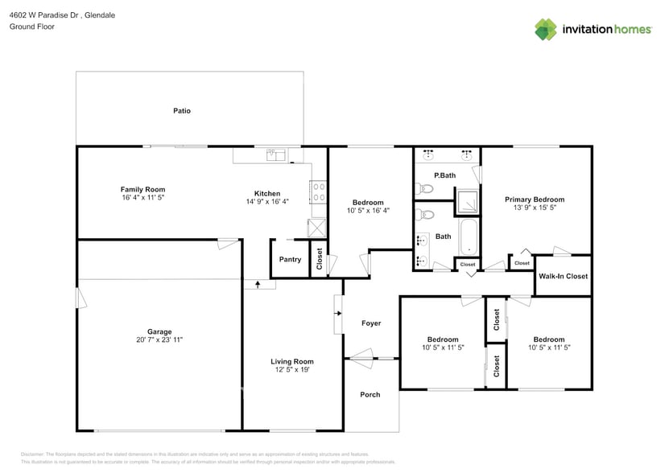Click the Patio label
click(182, 111)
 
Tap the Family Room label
click(142, 190)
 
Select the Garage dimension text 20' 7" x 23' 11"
click(159, 340)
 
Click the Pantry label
click(290, 260)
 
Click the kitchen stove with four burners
click(319, 191)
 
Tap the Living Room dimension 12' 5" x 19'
click(291, 370)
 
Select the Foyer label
click(371, 323)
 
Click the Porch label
click(370, 395)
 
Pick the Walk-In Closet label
click(564, 277)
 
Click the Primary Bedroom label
click(535, 199)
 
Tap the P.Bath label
click(445, 175)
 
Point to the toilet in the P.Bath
click(425, 189)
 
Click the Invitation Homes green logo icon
click(546, 29)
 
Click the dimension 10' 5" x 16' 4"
click(368, 211)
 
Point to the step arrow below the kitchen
click(258, 284)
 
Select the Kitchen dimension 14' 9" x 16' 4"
click(267, 202)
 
